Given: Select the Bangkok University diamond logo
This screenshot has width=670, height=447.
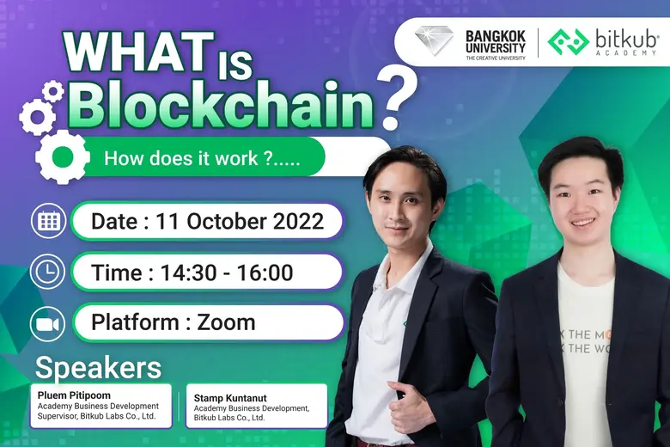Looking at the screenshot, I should (x=434, y=41).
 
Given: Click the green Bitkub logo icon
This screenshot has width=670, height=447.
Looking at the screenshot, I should (x=569, y=41).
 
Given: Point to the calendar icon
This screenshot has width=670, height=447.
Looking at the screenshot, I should (x=48, y=222).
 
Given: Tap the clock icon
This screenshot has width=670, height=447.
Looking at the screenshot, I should (x=48, y=272).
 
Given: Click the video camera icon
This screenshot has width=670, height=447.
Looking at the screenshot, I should (x=48, y=323).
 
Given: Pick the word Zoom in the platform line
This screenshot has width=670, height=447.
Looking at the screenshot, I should (x=226, y=323).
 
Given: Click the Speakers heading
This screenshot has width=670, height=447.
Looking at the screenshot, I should (x=98, y=368).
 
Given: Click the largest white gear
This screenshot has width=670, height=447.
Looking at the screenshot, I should (x=62, y=157).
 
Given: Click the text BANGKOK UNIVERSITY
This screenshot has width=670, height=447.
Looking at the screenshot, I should (x=496, y=40).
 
